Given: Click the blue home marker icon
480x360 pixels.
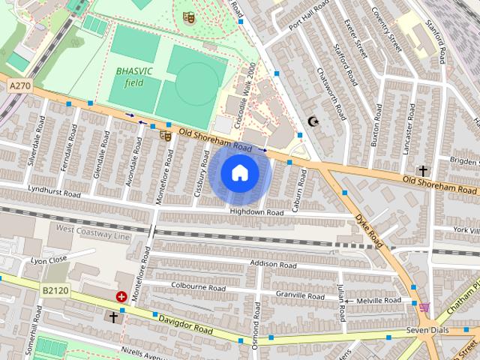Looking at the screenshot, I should (239, 173).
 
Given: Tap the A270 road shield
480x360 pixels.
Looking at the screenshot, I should (19, 87).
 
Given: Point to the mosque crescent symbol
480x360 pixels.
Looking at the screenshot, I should (313, 121).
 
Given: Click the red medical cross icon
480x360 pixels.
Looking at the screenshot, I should (121, 297).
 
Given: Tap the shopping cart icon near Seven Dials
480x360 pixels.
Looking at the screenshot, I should (424, 307).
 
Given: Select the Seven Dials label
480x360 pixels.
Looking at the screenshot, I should (427, 331).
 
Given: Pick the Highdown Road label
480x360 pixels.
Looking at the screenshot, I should (256, 213).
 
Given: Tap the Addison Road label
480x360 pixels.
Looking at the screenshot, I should (273, 265).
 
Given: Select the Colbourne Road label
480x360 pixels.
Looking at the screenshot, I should (198, 286).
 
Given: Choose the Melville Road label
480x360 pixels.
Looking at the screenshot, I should (381, 301).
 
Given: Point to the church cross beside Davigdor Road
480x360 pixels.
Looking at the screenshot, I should (114, 317).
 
